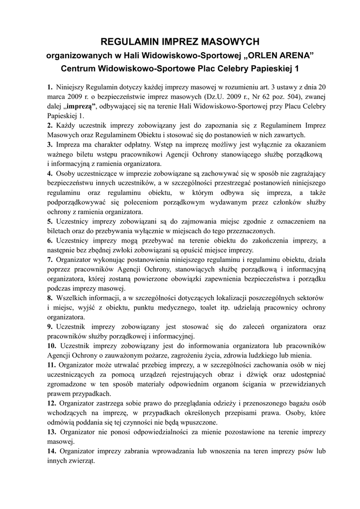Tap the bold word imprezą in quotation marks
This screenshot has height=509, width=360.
click(80, 106)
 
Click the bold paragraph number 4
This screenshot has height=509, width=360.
click(50, 173)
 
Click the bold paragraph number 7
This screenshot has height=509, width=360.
click(50, 259)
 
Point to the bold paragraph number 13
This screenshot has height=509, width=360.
click(52, 432)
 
